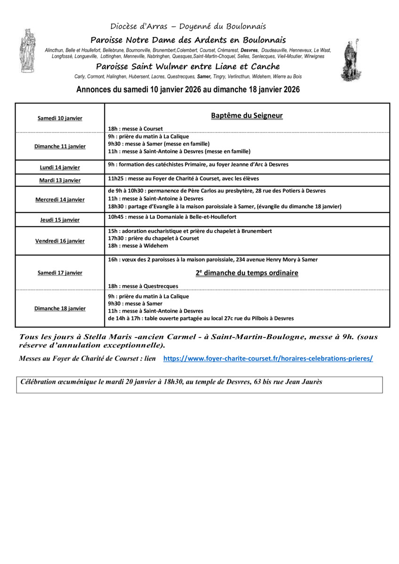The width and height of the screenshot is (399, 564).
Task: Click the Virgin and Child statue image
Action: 27,50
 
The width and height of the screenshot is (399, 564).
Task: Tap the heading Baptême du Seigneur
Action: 247,115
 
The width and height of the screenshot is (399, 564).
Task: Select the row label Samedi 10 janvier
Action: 60,118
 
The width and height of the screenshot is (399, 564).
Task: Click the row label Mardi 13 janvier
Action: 60,180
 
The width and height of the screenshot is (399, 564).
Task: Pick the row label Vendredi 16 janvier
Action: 60,241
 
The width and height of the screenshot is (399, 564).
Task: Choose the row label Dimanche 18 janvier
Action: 60,309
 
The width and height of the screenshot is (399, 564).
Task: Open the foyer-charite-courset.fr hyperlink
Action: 268,358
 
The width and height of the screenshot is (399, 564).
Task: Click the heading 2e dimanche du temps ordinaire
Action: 247,273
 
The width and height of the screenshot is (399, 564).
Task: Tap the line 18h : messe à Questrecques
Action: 143,286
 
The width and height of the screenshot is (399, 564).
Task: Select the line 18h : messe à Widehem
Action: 138,246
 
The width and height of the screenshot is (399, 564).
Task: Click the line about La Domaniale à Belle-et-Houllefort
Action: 172,217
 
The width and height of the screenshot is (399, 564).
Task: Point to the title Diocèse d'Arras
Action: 188,26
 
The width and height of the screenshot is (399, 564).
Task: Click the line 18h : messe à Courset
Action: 136,128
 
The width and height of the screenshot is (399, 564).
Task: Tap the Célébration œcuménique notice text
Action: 171,382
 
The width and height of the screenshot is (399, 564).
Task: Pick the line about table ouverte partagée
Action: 200,319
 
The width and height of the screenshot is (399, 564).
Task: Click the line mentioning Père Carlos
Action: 216,191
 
